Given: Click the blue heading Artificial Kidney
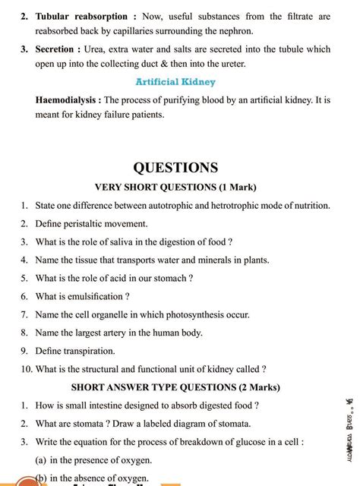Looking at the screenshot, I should [x=175, y=81].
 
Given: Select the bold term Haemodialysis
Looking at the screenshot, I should [x=68, y=100].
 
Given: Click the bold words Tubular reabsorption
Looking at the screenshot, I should [x=82, y=15].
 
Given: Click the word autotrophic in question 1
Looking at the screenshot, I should [x=181, y=205].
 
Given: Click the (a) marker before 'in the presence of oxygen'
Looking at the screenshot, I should [x=43, y=460].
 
